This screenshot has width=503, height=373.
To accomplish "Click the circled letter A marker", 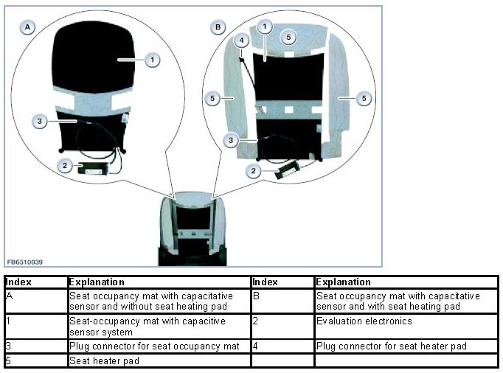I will click(x=27, y=27).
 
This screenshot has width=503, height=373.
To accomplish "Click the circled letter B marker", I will click(x=218, y=27).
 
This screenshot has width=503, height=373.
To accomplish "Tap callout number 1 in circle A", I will click(x=152, y=60).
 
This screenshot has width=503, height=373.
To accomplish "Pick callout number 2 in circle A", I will click(x=65, y=166).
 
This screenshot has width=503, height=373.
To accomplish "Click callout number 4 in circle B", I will click(x=240, y=40).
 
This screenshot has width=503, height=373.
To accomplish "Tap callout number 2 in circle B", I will click(x=254, y=171).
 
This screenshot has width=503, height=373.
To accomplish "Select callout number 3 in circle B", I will click(x=232, y=139).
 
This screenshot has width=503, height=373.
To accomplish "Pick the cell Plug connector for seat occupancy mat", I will click(x=154, y=345).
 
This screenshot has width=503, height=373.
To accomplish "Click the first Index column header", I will click(x=18, y=282).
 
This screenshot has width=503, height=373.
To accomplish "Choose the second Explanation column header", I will click(x=343, y=282).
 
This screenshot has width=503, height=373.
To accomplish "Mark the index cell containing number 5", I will click(x=10, y=361).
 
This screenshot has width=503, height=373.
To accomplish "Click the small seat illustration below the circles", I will click(x=192, y=229).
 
